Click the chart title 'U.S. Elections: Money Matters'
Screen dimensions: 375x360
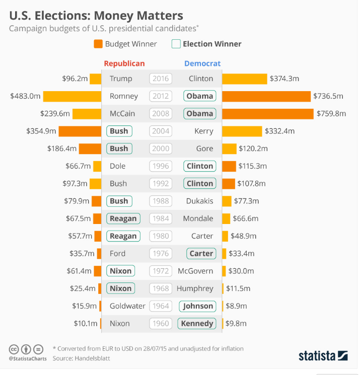(x=96, y=15)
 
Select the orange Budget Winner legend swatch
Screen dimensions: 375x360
(x=98, y=44)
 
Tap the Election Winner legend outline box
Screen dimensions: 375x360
(x=176, y=44)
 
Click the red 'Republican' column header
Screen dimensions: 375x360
(x=124, y=63)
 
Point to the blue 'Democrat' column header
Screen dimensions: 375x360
(x=202, y=63)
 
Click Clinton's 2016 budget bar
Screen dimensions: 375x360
(x=244, y=79)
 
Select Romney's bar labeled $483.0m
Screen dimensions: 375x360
(x=73, y=96)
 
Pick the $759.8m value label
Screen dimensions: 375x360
(x=331, y=114)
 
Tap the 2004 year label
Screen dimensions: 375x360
(x=161, y=131)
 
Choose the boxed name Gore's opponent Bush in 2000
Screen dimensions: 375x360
(x=119, y=148)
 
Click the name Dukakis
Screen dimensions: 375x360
(x=200, y=201)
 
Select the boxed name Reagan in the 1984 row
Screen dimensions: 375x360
(x=123, y=218)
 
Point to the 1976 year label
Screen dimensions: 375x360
(x=161, y=254)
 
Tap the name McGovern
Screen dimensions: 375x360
(x=195, y=271)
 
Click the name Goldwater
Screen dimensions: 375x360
(x=127, y=306)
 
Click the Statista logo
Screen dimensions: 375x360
(x=323, y=355)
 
